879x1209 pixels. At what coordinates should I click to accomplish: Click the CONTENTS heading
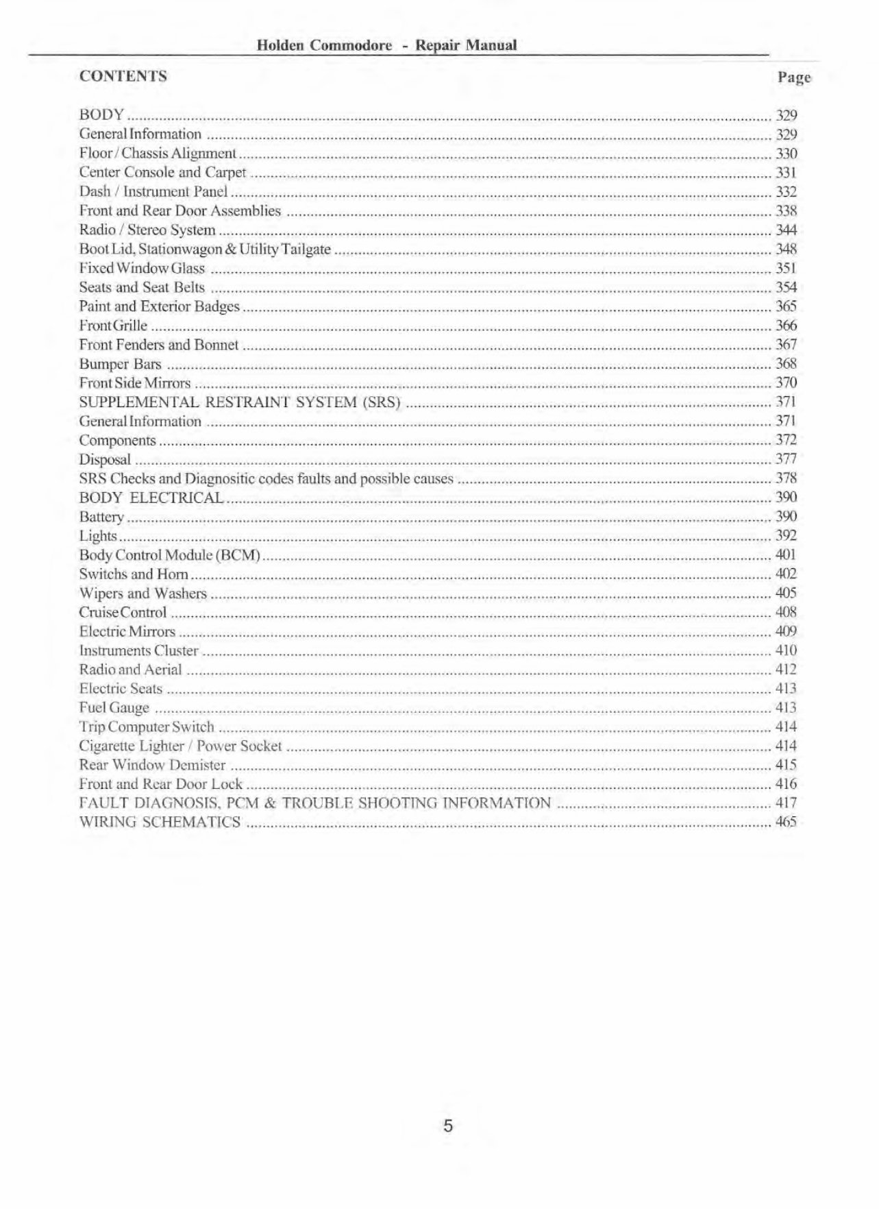point(123,76)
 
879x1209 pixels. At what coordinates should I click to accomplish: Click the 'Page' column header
point(794,77)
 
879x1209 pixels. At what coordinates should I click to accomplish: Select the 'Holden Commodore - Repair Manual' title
point(386,46)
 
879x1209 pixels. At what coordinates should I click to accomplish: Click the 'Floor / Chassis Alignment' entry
point(158,154)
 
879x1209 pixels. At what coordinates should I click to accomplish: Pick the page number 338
point(786,211)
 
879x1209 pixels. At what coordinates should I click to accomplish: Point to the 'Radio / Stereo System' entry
point(147,230)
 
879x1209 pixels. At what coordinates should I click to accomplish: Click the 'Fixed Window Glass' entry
point(142,269)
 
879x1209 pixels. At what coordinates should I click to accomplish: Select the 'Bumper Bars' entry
point(120,364)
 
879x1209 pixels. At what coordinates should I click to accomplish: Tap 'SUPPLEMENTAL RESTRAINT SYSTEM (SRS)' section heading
point(239,402)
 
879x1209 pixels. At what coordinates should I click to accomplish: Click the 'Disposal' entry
point(105,460)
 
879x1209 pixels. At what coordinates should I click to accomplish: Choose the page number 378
point(786,478)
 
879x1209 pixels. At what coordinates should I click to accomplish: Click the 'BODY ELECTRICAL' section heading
point(151,498)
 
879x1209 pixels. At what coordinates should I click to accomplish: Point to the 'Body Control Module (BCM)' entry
point(170,555)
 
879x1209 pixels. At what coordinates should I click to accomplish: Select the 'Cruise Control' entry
point(123,613)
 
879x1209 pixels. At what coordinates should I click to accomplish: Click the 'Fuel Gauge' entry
point(114,708)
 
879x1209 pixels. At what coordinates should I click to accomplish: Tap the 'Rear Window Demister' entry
point(152,765)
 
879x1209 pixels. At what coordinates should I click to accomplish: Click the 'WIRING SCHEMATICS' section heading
point(160,822)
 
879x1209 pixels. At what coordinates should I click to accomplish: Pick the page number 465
point(786,822)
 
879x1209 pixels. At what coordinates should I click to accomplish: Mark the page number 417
point(786,803)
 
